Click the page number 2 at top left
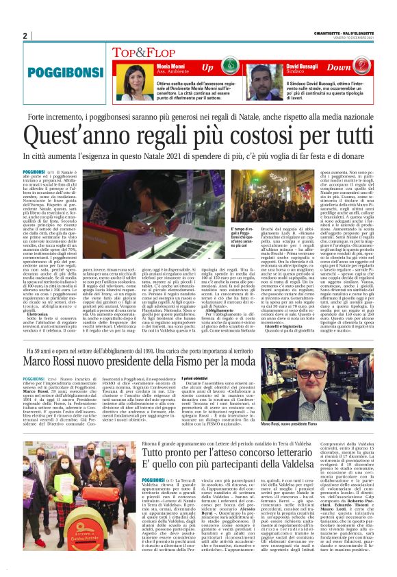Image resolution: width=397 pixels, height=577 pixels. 25,36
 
